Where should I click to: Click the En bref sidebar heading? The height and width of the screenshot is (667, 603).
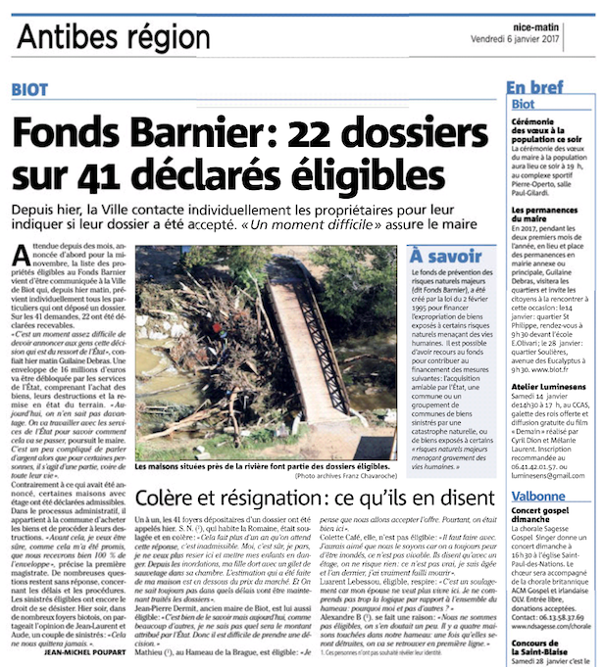click(x=535, y=87)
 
